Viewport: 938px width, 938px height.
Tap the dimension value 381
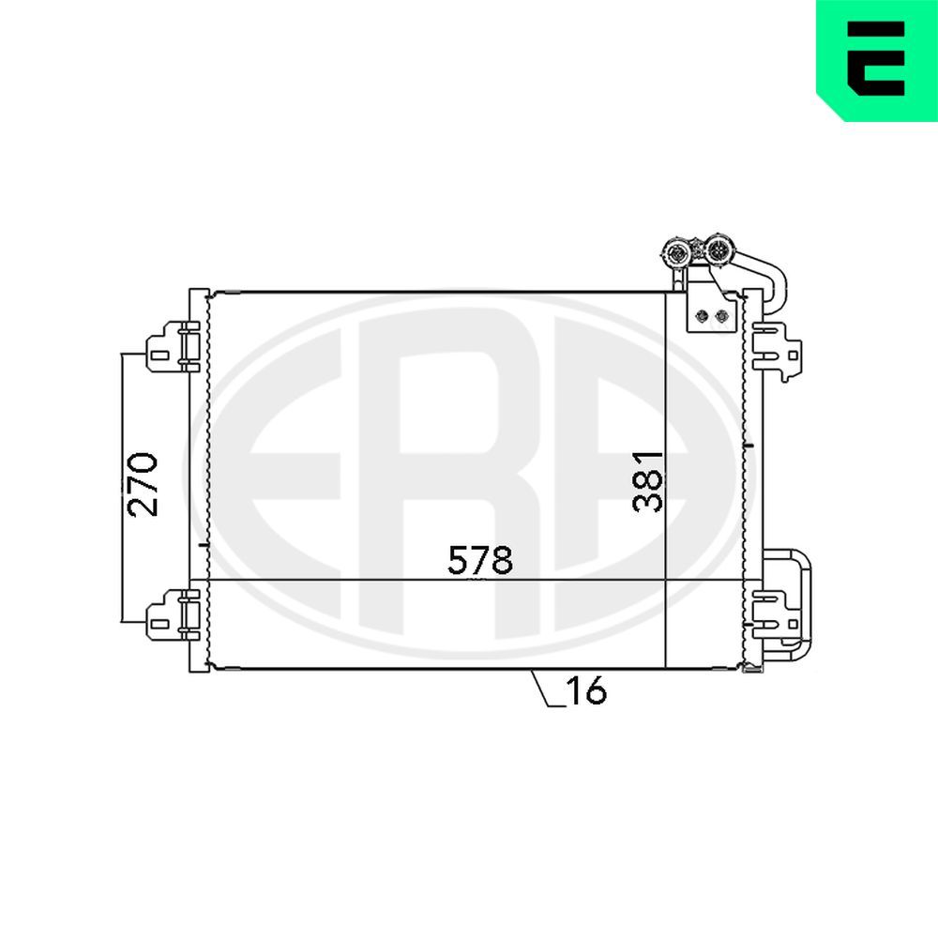(648, 480)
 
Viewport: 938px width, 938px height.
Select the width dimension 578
(480, 561)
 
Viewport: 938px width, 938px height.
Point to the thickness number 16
(586, 691)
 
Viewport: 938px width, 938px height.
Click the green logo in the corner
(876, 58)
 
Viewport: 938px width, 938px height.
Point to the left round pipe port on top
(676, 251)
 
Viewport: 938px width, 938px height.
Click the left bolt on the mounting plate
(701, 316)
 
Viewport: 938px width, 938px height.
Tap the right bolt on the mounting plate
(720, 316)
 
